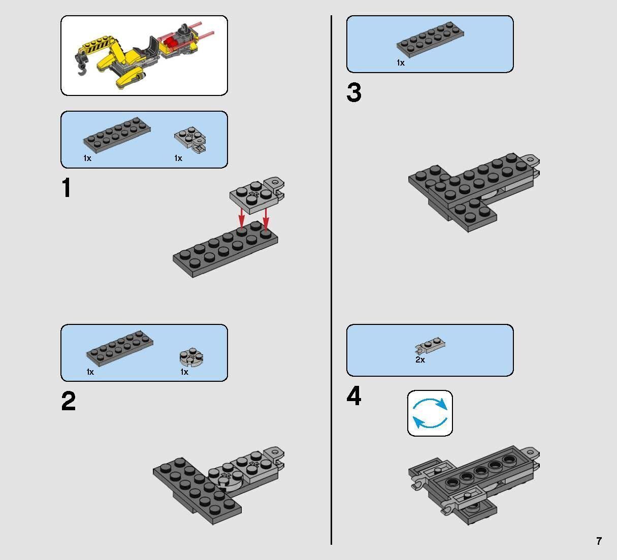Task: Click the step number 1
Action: pyautogui.click(x=67, y=187)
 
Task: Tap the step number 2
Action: pyautogui.click(x=68, y=401)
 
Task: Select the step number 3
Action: pyautogui.click(x=354, y=92)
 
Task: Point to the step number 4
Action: pyautogui.click(x=354, y=396)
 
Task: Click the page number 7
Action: pyautogui.click(x=599, y=541)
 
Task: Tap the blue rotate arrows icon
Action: pyautogui.click(x=430, y=413)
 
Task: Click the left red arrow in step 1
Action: pyautogui.click(x=241, y=218)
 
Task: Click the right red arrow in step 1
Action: pyautogui.click(x=266, y=218)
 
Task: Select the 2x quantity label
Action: pyautogui.click(x=420, y=359)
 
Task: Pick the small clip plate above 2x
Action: pyautogui.click(x=430, y=345)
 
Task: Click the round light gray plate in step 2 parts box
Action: pyautogui.click(x=191, y=357)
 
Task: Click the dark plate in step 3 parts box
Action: pyautogui.click(x=430, y=39)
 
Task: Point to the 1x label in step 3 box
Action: pyautogui.click(x=401, y=63)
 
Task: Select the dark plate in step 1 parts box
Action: pyautogui.click(x=117, y=135)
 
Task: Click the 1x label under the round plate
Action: pyautogui.click(x=184, y=372)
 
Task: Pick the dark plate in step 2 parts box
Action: pyautogui.click(x=119, y=349)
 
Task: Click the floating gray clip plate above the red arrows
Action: pyautogui.click(x=257, y=194)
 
